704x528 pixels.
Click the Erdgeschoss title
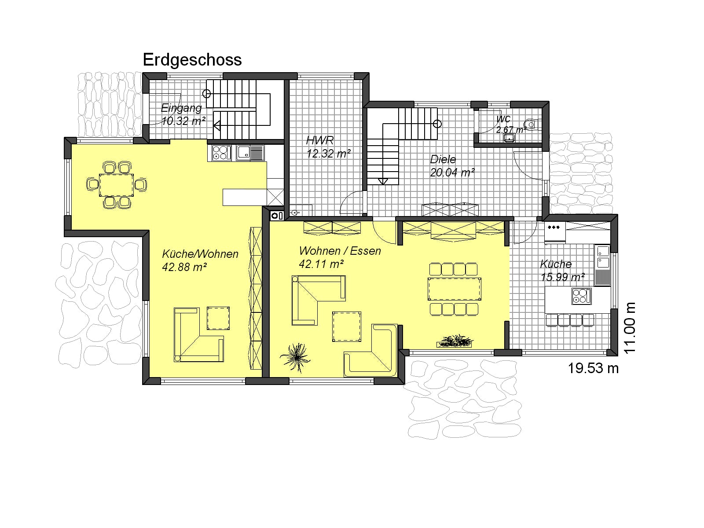pyautogui.click(x=192, y=60)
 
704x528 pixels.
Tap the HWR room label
pyautogui.click(x=319, y=140)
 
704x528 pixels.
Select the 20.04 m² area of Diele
pyautogui.click(x=452, y=172)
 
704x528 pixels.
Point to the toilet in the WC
pyautogui.click(x=531, y=124)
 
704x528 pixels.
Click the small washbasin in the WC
pyautogui.click(x=509, y=138)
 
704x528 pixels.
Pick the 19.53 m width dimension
pyautogui.click(x=593, y=368)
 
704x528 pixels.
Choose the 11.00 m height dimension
pyautogui.click(x=630, y=328)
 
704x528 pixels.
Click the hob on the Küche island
pyautogui.click(x=582, y=296)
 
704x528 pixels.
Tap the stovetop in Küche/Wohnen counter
pyautogui.click(x=222, y=153)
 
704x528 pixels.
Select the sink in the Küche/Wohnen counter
pyautogui.click(x=250, y=153)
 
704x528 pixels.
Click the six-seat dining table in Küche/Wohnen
pyautogui.click(x=117, y=185)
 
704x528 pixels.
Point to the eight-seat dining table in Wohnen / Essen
pyautogui.click(x=454, y=289)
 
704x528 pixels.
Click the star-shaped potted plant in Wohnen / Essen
pyautogui.click(x=295, y=357)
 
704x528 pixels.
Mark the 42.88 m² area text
pyautogui.click(x=184, y=267)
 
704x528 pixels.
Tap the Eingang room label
pyautogui.click(x=181, y=108)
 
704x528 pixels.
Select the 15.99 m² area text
pyautogui.click(x=563, y=277)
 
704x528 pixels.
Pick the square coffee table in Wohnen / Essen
pyautogui.click(x=346, y=326)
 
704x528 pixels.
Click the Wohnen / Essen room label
pyautogui.click(x=340, y=251)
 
